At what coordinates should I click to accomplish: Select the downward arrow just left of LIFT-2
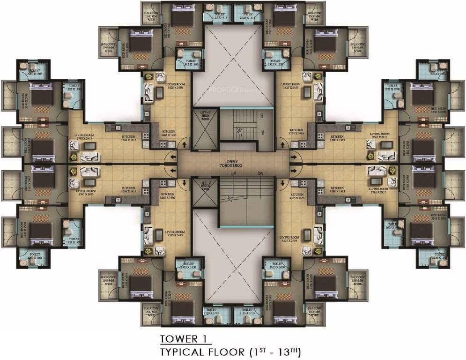pyautogui.click(x=184, y=182)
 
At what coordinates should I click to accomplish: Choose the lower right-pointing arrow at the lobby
pyautogui.click(x=295, y=170)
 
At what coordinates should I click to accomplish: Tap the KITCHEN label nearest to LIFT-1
pyautogui.click(x=169, y=133)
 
